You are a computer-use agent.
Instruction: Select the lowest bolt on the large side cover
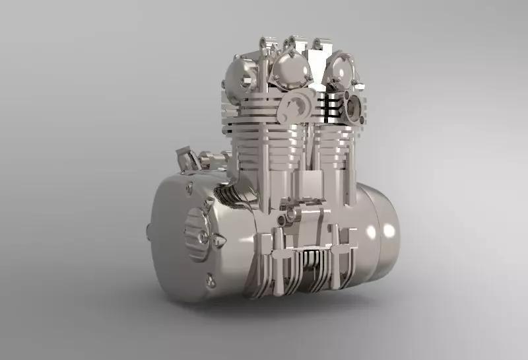pyautogui.click(x=211, y=282)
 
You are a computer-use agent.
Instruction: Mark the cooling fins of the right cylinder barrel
pyautogui.click(x=333, y=142)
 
